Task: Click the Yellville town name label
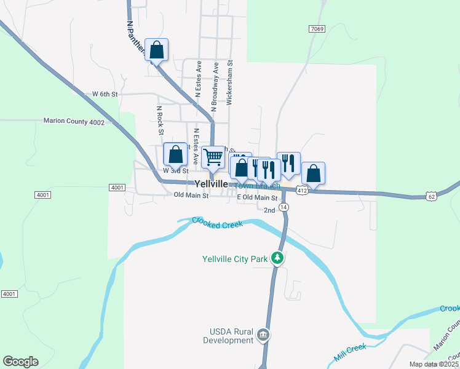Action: coord(211,184)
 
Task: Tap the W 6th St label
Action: coord(105,94)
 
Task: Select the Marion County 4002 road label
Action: coord(74,122)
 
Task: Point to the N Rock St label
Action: coord(160,120)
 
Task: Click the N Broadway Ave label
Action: coord(215,86)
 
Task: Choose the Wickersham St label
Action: coord(229,82)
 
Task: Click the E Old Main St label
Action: coord(258,197)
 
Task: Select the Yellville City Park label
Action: coord(235,259)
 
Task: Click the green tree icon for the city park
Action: coord(278,258)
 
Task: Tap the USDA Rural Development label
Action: coord(228,336)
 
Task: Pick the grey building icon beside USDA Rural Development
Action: coord(263,335)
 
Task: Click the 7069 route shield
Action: coord(317,29)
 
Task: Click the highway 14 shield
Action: coord(284,208)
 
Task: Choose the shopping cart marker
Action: coord(213,157)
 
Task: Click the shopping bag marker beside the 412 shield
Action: coord(313,173)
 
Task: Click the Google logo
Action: coord(20,362)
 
